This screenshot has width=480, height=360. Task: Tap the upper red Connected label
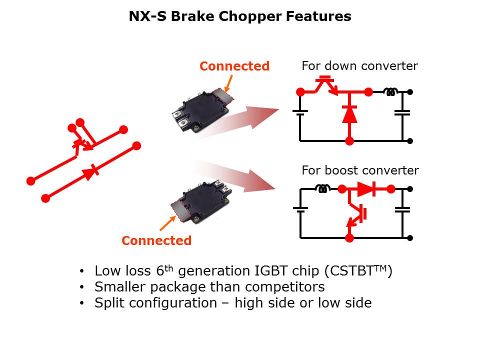point(234,66)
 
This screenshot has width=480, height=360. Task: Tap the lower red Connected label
point(156,240)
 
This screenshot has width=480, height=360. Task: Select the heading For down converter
point(359,66)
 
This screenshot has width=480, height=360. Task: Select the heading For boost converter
point(360,170)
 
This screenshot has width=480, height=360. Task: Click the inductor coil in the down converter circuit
point(390,92)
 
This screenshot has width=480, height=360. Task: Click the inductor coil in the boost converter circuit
point(322,189)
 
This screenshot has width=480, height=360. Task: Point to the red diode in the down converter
point(349,114)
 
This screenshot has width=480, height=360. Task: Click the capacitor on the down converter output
point(402,113)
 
